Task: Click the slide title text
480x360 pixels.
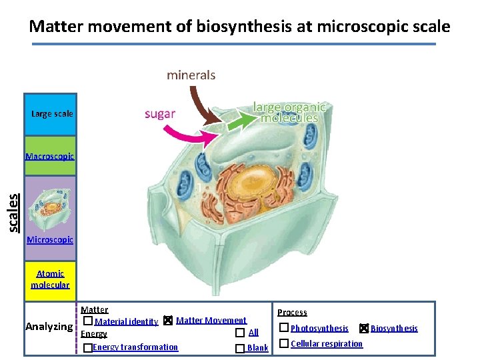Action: coord(239,27)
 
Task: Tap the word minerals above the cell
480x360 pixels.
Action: coord(191,75)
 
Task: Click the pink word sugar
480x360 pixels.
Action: coord(160,113)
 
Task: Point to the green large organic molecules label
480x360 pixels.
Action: coord(290,112)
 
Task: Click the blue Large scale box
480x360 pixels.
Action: coord(51,114)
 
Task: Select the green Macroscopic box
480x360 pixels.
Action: coord(50,157)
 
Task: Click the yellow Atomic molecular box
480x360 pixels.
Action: coord(50,279)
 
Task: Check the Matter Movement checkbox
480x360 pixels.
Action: coord(168,321)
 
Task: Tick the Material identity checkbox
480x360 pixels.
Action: coord(88,321)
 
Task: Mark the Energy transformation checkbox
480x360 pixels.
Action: coord(87,348)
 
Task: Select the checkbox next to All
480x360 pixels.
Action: coord(240,333)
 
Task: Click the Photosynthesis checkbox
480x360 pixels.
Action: coord(284,327)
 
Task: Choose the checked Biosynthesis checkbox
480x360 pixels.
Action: coord(363,328)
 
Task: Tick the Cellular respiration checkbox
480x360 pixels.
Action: coord(284,343)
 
